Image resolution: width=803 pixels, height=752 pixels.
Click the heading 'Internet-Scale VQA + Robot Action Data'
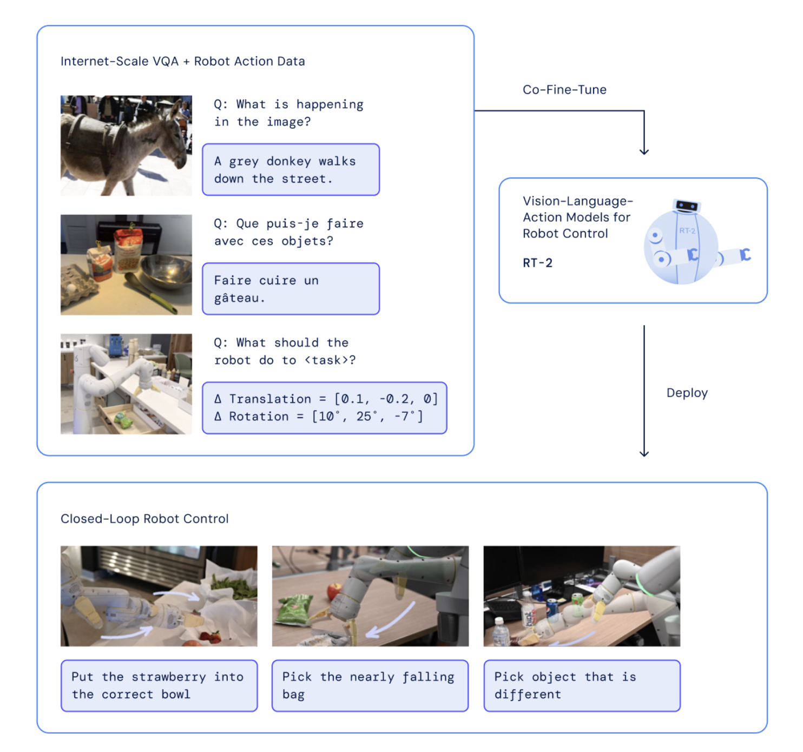pos(182,61)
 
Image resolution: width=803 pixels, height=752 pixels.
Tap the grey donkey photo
pos(126,146)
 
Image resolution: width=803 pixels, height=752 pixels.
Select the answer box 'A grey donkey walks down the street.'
pos(291,170)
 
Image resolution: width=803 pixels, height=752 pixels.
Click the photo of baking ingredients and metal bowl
pos(126,265)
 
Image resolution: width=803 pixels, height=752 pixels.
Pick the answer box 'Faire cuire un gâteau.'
pos(291,289)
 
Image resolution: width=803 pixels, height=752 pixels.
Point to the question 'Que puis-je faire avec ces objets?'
pos(288,232)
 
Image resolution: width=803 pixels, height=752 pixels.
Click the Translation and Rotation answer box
pos(325,408)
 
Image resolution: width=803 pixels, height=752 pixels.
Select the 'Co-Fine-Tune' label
pos(564,90)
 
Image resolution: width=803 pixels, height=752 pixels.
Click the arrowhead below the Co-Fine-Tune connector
pos(644,151)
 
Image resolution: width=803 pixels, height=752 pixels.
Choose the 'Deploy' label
pos(687,393)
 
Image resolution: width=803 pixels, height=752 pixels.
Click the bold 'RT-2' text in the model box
pos(537,263)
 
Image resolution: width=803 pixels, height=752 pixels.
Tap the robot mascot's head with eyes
pos(687,206)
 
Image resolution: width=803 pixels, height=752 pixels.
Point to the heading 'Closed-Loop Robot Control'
pos(144,519)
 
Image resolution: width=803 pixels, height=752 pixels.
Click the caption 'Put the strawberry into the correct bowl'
pos(159,685)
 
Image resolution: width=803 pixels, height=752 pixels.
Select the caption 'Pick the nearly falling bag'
pos(370,685)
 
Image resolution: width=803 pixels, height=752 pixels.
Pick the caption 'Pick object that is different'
pos(582,685)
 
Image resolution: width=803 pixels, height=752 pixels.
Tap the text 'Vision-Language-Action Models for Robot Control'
pos(577,217)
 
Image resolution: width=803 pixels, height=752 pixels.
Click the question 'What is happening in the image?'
pos(288,113)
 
